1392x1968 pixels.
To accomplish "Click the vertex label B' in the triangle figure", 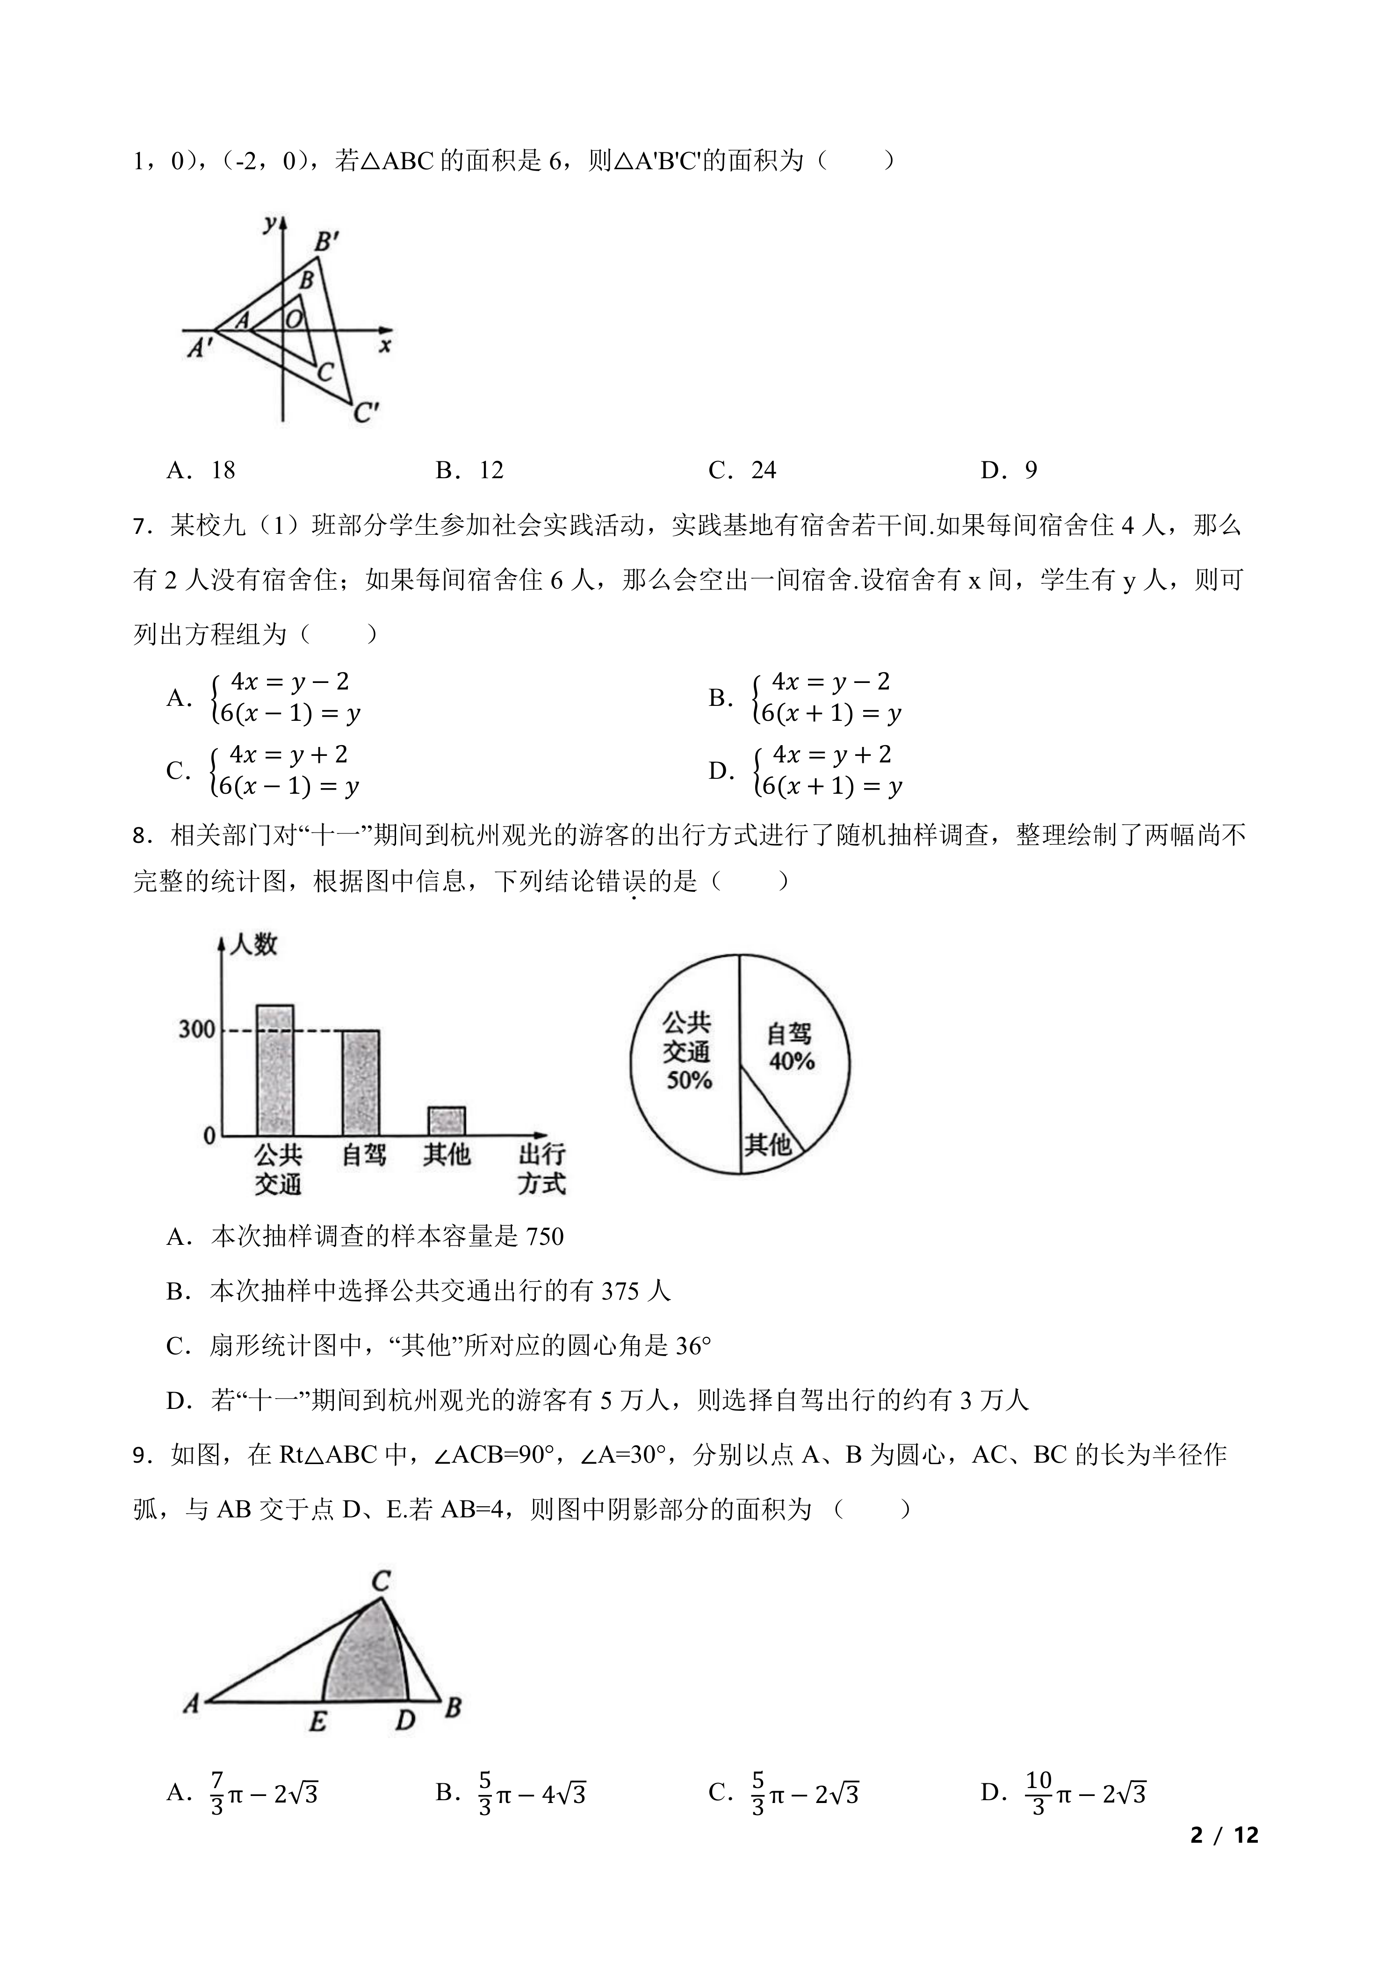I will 326,243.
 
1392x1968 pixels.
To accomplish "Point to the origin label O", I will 294,320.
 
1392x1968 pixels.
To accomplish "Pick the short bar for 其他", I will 447,1120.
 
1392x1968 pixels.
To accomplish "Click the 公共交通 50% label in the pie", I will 687,1051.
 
